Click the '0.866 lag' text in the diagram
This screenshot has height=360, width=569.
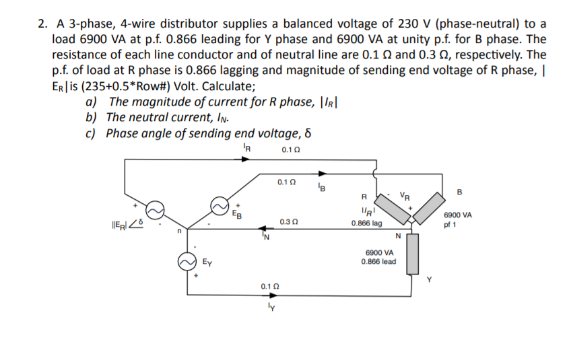(x=367, y=223)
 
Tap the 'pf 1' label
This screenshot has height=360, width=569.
(x=450, y=225)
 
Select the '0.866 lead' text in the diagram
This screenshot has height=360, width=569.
(x=378, y=262)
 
